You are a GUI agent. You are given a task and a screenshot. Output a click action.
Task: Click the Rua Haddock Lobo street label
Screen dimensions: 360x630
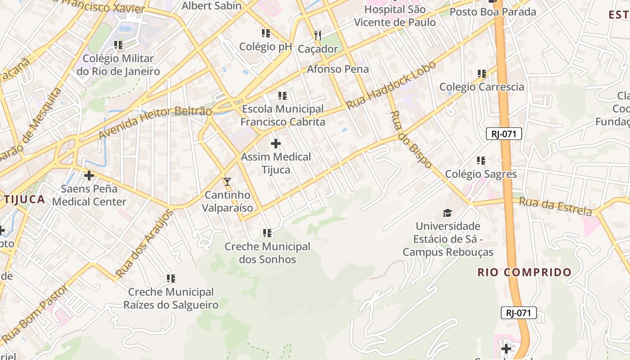391,85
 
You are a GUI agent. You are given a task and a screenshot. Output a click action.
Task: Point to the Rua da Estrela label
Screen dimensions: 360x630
555,206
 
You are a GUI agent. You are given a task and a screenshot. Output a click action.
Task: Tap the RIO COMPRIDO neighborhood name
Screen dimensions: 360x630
524,272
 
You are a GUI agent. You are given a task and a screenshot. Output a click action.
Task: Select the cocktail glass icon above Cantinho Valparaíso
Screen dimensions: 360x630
227,182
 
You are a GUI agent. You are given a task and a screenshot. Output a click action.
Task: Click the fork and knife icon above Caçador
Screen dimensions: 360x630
318,35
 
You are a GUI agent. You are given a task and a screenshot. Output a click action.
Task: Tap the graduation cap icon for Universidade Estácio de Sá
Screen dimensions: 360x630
447,213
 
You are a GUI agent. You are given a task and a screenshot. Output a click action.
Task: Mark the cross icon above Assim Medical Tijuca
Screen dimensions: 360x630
276,144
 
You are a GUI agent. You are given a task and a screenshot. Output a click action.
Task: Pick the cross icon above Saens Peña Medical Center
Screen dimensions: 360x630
89,175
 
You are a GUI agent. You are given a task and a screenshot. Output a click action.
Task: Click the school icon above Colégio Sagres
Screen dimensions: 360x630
481,161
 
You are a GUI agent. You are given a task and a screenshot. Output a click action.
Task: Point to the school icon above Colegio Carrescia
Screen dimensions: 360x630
481,73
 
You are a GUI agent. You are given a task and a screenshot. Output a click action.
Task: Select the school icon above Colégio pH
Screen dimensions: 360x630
265,33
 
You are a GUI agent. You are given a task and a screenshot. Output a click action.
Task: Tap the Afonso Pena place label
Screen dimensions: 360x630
337,69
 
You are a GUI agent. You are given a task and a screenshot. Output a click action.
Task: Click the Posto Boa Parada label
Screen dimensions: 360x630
493,12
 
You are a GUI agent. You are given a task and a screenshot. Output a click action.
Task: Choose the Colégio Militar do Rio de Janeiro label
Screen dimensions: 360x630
118,65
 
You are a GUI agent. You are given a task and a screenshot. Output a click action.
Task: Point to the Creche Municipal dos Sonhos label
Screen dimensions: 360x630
267,253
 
